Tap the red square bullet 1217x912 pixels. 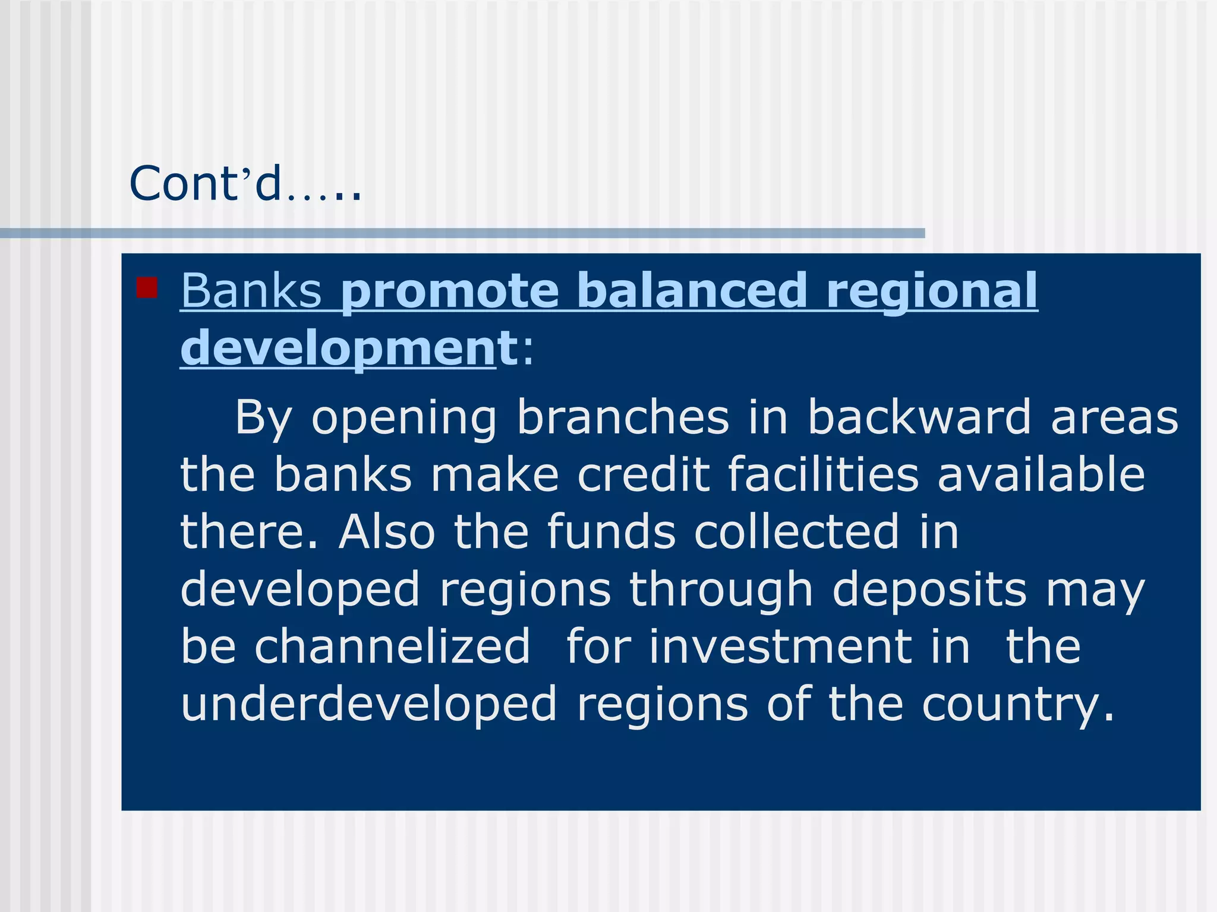coord(147,287)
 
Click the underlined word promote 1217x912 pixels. coord(450,291)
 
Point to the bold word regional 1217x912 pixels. coord(931,291)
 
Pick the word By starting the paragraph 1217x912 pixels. coord(263,418)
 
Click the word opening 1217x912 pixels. coord(404,418)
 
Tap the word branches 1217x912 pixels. coord(623,417)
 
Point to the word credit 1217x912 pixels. coord(644,474)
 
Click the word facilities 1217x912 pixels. coord(824,474)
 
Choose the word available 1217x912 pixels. coord(1041,474)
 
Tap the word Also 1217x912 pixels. coord(387,531)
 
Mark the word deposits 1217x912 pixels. coord(930,590)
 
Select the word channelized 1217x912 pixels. coord(392,646)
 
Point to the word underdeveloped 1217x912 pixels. coord(369,704)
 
